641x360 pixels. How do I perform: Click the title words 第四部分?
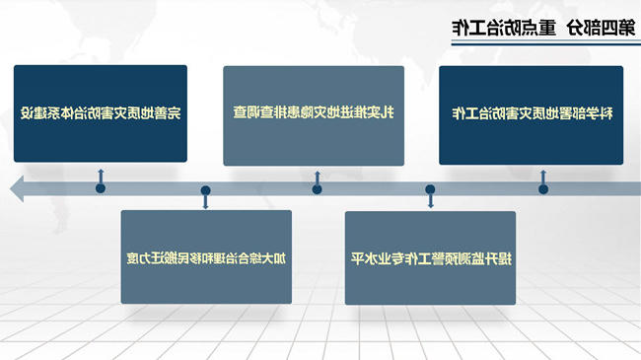click(601, 28)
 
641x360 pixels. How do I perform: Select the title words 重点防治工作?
click(504, 28)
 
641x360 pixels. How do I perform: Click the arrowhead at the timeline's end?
click(17, 188)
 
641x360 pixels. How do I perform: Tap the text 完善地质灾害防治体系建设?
click(101, 113)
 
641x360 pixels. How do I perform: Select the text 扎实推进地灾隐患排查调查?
click(314, 112)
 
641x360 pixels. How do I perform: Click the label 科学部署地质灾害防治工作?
click(532, 113)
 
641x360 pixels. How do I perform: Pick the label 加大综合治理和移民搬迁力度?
click(206, 258)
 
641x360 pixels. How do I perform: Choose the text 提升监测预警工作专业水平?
click(431, 258)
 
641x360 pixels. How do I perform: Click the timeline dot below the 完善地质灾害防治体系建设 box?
click(101, 188)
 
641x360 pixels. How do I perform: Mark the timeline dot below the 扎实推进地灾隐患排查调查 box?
click(317, 189)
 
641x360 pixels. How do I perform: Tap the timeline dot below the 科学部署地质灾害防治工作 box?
click(543, 189)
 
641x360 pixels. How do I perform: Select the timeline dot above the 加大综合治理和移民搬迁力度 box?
click(206, 190)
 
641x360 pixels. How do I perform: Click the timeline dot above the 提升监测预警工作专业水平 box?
click(430, 189)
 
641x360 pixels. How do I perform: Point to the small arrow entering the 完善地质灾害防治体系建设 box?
click(101, 176)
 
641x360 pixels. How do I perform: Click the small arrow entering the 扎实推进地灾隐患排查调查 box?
click(317, 178)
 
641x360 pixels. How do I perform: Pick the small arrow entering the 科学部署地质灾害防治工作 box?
click(543, 178)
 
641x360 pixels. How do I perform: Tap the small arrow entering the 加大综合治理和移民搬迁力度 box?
click(206, 201)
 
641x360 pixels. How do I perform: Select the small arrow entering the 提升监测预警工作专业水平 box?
click(430, 200)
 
